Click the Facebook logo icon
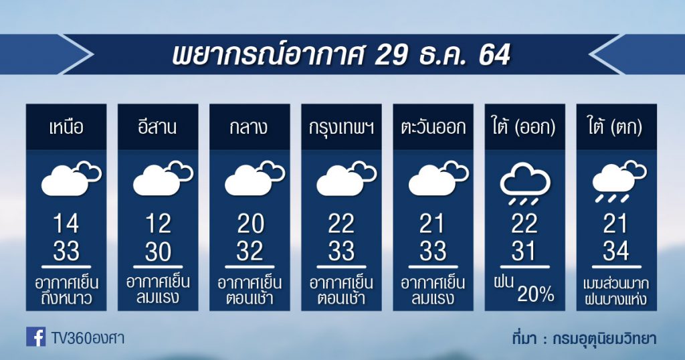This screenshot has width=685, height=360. [x=35, y=337]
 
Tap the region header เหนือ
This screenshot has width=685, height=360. [x=66, y=127]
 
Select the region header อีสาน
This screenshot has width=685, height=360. [x=158, y=126]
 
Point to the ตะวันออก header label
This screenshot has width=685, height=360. [x=433, y=128]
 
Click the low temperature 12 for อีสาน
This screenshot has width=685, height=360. [x=158, y=223]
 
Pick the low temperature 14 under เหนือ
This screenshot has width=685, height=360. [x=66, y=223]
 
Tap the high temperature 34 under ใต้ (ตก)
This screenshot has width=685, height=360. [x=616, y=251]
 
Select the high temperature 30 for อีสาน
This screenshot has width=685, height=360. [x=158, y=251]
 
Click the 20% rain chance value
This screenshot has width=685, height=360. [x=536, y=294]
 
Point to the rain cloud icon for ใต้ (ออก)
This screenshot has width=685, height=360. [x=524, y=183]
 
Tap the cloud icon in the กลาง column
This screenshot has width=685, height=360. [x=255, y=178]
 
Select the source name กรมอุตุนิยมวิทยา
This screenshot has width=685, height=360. [x=605, y=339]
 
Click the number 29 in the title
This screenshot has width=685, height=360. [x=391, y=56]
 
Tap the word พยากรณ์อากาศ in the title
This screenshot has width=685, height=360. [x=268, y=54]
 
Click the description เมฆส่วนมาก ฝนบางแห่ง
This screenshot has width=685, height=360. [x=616, y=291]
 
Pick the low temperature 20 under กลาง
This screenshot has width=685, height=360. [x=250, y=223]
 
